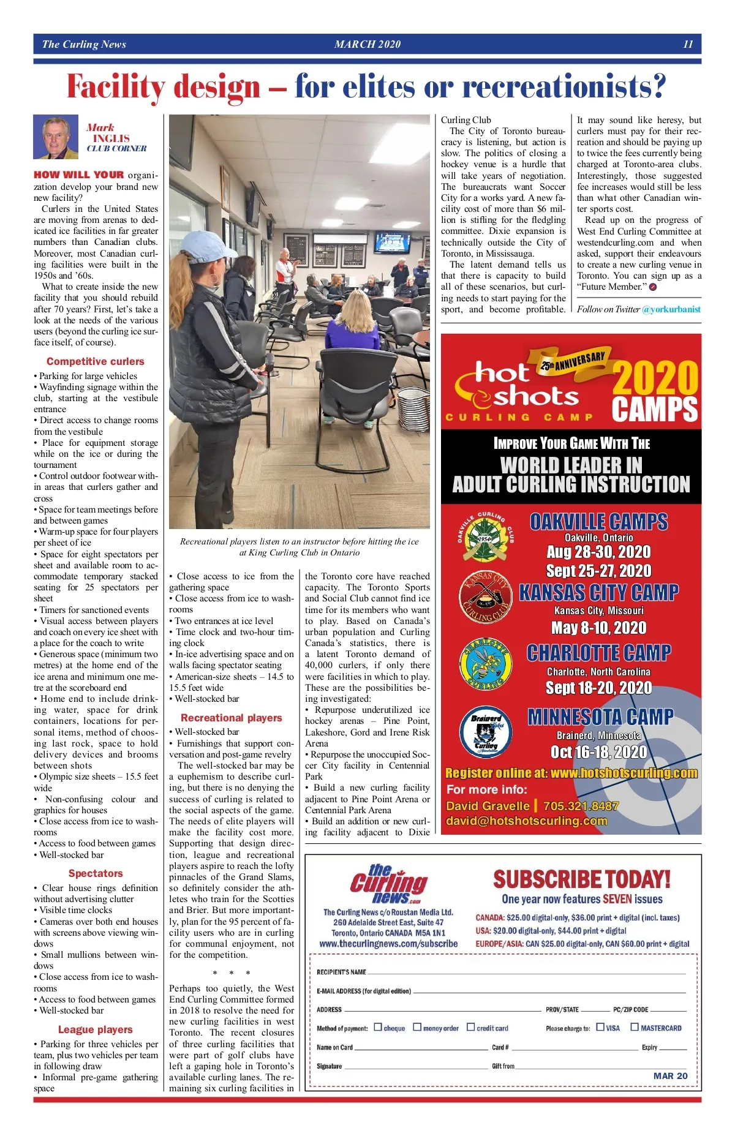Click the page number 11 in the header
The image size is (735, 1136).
coord(688,44)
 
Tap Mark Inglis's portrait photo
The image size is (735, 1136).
coord(56,137)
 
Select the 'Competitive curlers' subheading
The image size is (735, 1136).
coord(95,361)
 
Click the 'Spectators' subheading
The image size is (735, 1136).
coord(96,873)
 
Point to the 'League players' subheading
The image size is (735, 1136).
coord(95,1029)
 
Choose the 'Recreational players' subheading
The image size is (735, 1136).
coord(231,718)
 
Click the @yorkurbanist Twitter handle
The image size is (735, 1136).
coord(671,309)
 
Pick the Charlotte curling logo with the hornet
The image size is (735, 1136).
coord(485,664)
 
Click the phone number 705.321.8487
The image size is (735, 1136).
coord(580,806)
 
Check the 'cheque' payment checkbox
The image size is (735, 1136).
coord(378,1027)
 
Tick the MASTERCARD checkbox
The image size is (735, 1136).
coord(635,1027)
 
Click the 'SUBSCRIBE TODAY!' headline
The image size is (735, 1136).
coord(581,879)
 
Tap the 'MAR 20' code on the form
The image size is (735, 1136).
coord(670,1075)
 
